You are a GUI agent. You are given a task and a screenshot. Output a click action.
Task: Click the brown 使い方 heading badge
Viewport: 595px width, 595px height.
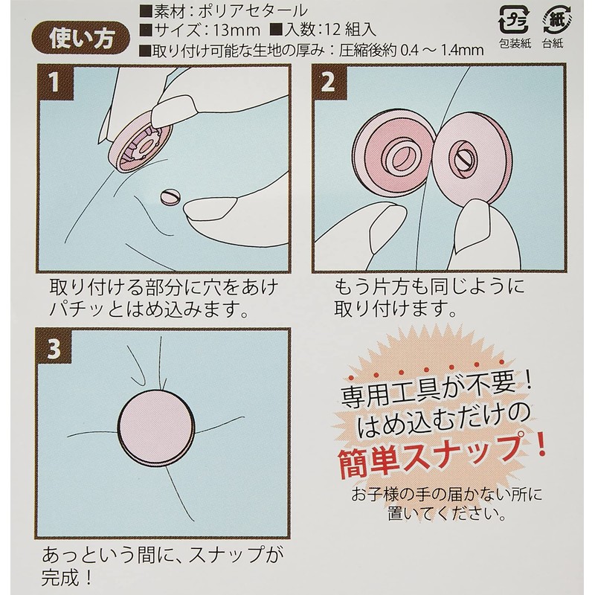81,39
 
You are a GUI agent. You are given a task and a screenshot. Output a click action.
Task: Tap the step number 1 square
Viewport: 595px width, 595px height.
56,82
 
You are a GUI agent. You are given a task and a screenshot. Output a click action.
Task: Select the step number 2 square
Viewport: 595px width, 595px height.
329,82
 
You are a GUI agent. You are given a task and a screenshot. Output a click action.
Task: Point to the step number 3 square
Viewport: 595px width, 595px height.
54,347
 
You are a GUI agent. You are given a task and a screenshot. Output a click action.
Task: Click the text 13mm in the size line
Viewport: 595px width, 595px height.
236,30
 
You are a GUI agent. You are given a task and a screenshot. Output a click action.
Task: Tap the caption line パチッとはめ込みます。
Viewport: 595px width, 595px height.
149,309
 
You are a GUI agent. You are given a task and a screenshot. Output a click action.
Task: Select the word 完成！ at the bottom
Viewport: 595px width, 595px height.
67,577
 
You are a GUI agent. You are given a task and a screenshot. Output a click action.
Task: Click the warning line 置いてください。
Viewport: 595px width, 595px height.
447,514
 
